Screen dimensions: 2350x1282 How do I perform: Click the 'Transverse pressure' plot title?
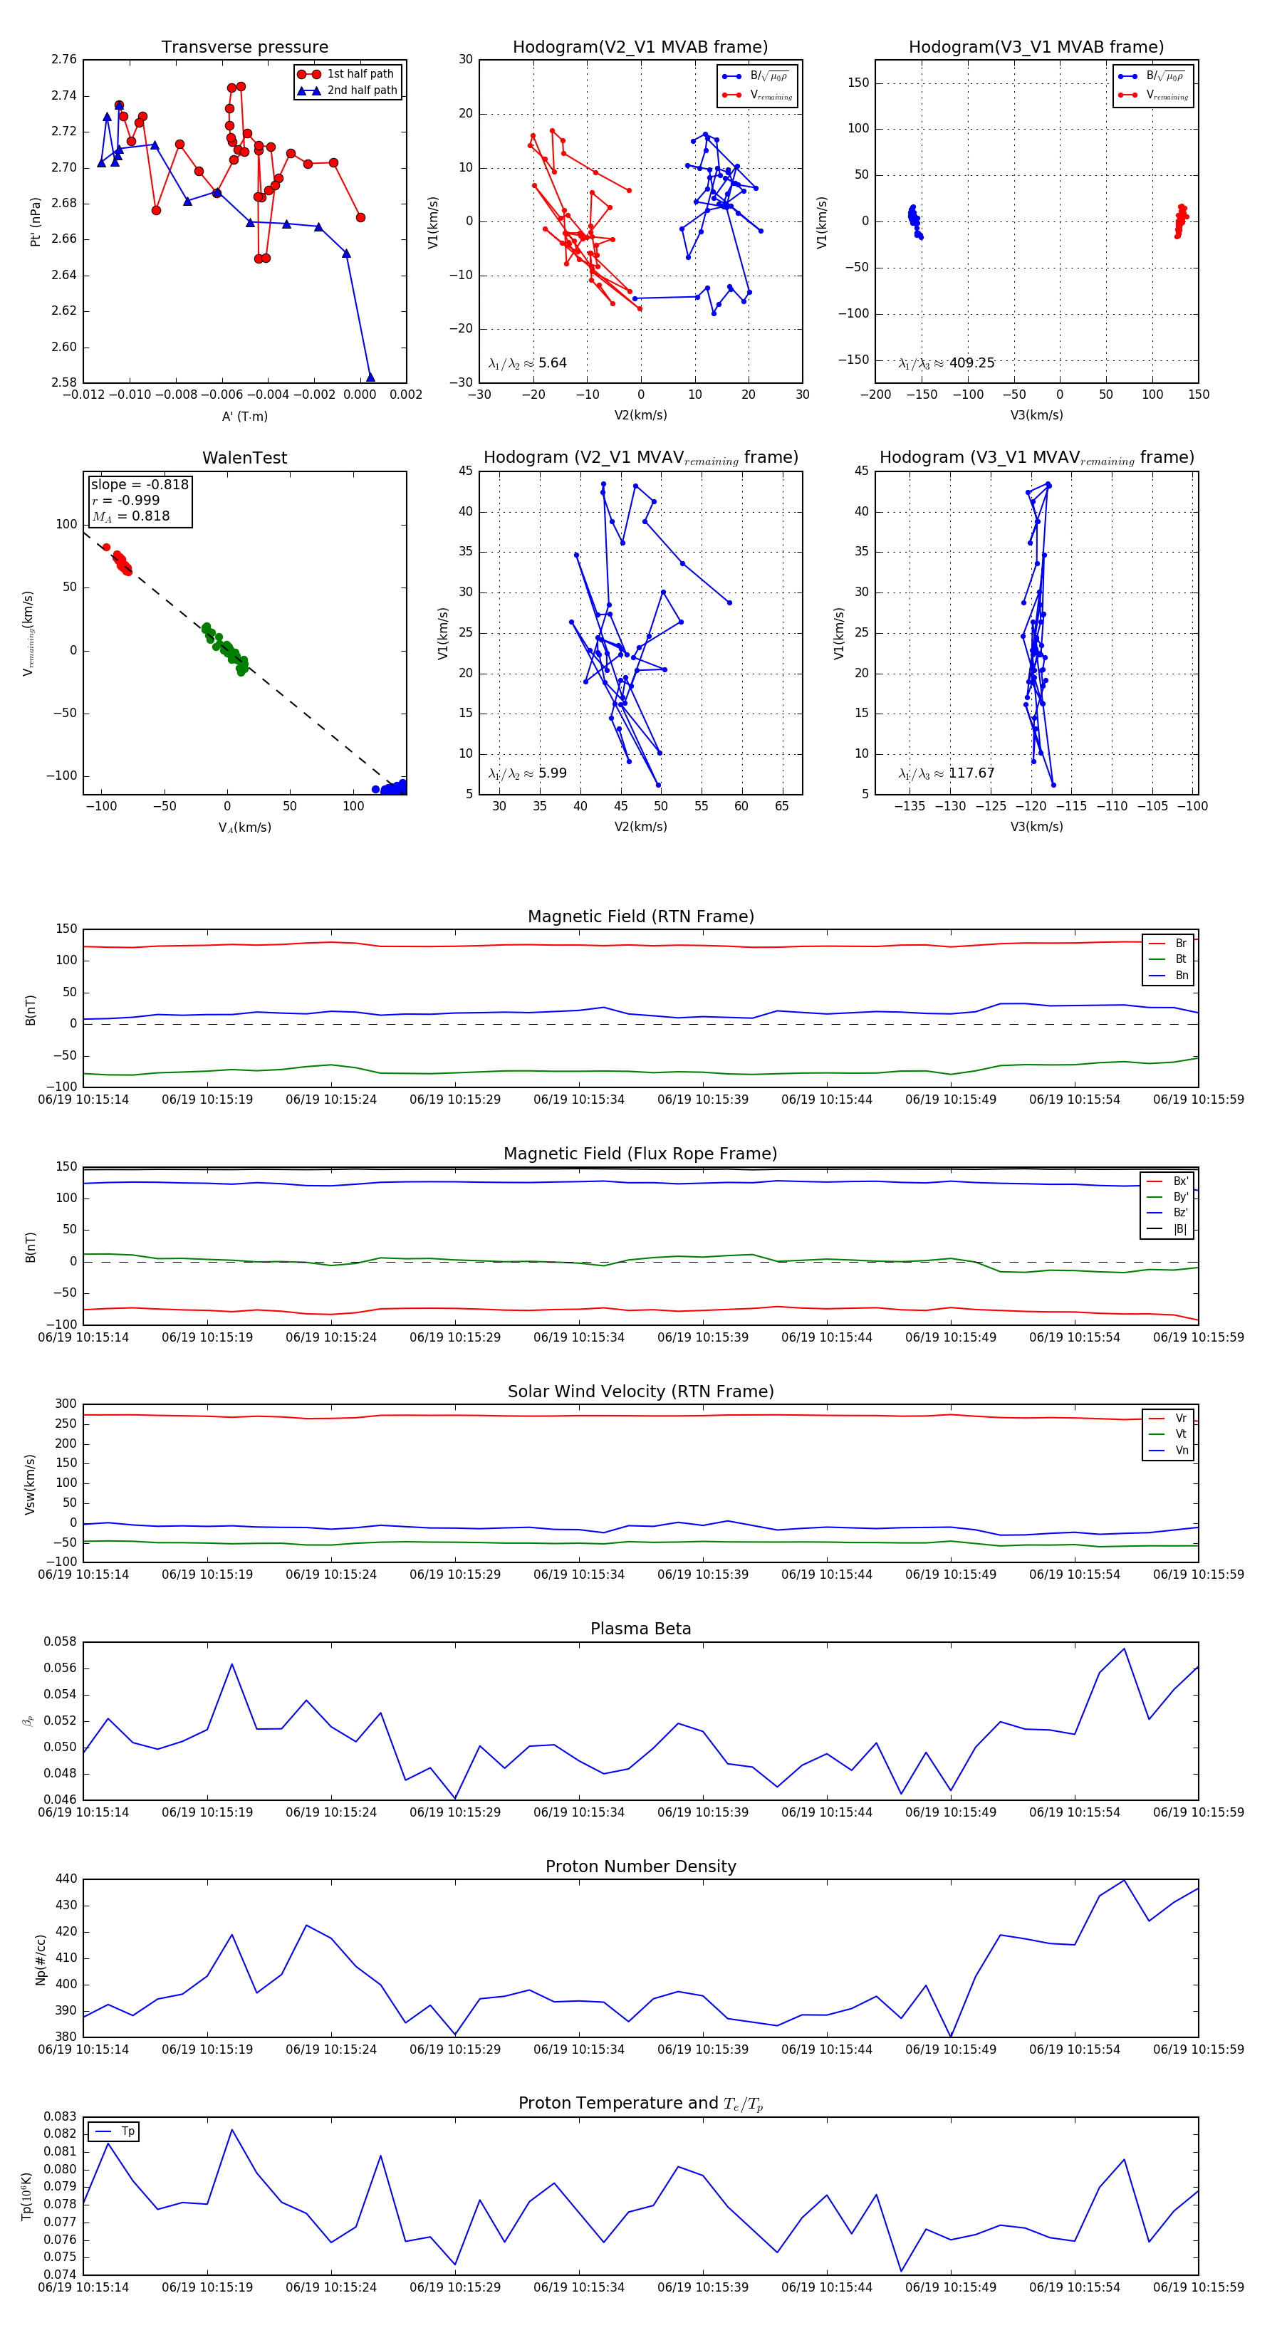click(x=244, y=48)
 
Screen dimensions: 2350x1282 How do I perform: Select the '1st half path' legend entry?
click(x=360, y=74)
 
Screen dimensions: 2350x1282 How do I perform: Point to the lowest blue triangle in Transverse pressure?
click(x=370, y=377)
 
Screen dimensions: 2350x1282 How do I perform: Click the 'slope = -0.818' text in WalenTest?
click(x=140, y=484)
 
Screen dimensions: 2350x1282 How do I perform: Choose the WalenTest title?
click(x=244, y=458)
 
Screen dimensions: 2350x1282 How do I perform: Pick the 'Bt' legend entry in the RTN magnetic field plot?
click(x=1180, y=959)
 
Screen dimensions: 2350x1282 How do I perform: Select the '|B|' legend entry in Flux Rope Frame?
click(x=1180, y=1229)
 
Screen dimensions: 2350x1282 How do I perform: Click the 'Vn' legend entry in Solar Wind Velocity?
click(x=1181, y=1451)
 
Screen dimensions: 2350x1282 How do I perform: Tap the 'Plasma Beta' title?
click(x=640, y=1629)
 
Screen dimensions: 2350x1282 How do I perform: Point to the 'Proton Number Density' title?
click(x=640, y=1866)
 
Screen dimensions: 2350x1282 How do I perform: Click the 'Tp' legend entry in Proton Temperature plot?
click(x=127, y=2132)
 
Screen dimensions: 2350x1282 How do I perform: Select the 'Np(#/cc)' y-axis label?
click(x=40, y=1960)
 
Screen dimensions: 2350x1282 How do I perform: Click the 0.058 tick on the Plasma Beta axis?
click(x=61, y=1642)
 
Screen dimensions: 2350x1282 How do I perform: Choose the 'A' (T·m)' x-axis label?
click(x=244, y=417)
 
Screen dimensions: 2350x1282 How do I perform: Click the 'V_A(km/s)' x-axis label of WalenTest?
click(x=244, y=827)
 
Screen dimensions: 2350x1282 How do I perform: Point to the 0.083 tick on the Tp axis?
click(x=61, y=2116)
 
